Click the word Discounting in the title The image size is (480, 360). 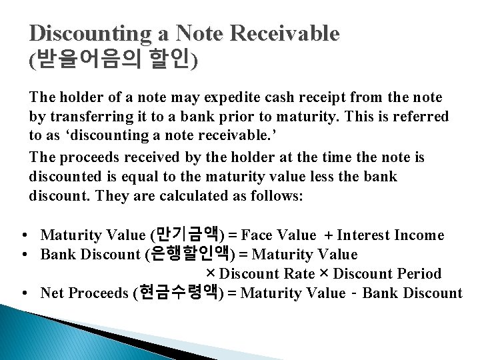coord(86,34)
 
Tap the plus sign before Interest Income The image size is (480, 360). coord(329,235)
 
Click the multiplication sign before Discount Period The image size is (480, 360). coord(325,273)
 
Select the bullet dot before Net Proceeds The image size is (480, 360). coord(24,293)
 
